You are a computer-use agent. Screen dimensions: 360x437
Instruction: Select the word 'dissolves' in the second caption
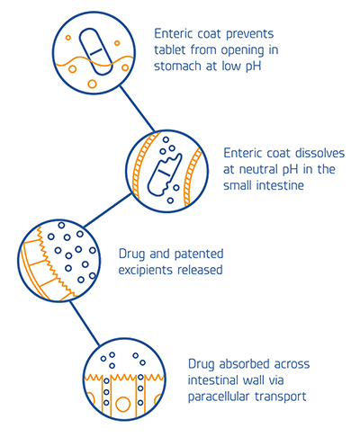[x=319, y=153]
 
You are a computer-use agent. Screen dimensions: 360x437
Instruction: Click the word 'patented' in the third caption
[x=199, y=254]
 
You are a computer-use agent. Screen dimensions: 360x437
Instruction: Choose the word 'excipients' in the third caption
[x=146, y=271]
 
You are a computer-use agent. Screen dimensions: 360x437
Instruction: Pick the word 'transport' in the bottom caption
[x=281, y=397]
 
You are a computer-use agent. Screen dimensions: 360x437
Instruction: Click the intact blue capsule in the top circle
[x=96, y=51]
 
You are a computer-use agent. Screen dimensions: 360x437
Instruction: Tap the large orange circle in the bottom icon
[x=122, y=404]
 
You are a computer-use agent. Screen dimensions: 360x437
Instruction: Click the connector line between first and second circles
[x=137, y=109]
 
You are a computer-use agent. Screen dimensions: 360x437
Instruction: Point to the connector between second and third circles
[x=107, y=210]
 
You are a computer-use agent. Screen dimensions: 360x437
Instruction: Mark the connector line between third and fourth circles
[x=85, y=324]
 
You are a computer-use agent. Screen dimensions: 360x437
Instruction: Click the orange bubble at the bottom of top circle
[x=92, y=84]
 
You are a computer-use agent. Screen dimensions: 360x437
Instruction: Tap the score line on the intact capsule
[x=96, y=51]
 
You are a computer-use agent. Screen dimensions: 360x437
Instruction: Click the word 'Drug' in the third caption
[x=131, y=254]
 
